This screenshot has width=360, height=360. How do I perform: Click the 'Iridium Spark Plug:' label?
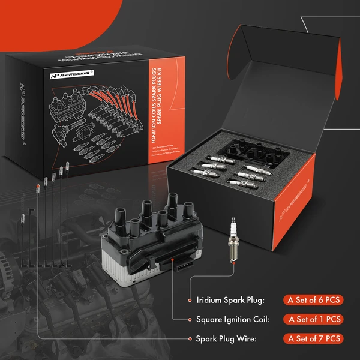click(x=230, y=299)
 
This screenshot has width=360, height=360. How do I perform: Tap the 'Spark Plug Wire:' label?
click(x=225, y=339)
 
